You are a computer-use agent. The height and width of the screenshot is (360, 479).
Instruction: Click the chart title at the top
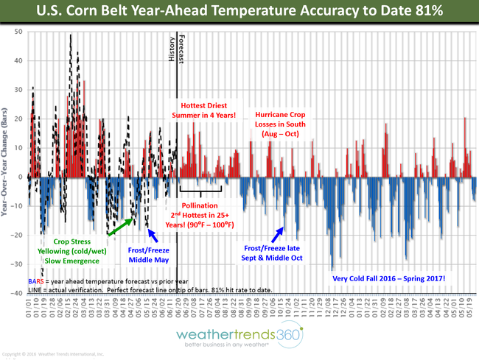click(239, 12)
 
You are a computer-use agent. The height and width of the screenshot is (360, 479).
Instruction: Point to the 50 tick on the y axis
click(17, 32)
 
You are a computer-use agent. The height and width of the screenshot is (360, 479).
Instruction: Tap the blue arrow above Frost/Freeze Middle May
click(152, 235)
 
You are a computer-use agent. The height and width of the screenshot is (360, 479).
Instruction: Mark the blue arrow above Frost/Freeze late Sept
click(279, 234)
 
